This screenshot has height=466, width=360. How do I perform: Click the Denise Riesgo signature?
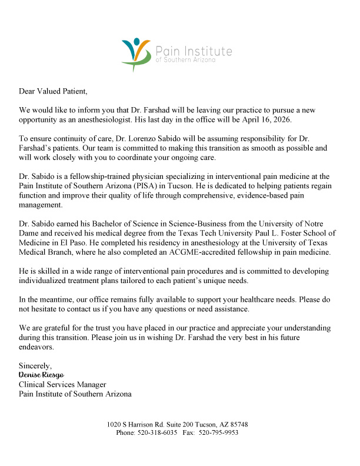[x=41, y=375]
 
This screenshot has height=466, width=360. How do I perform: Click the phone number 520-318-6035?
[x=158, y=432]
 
